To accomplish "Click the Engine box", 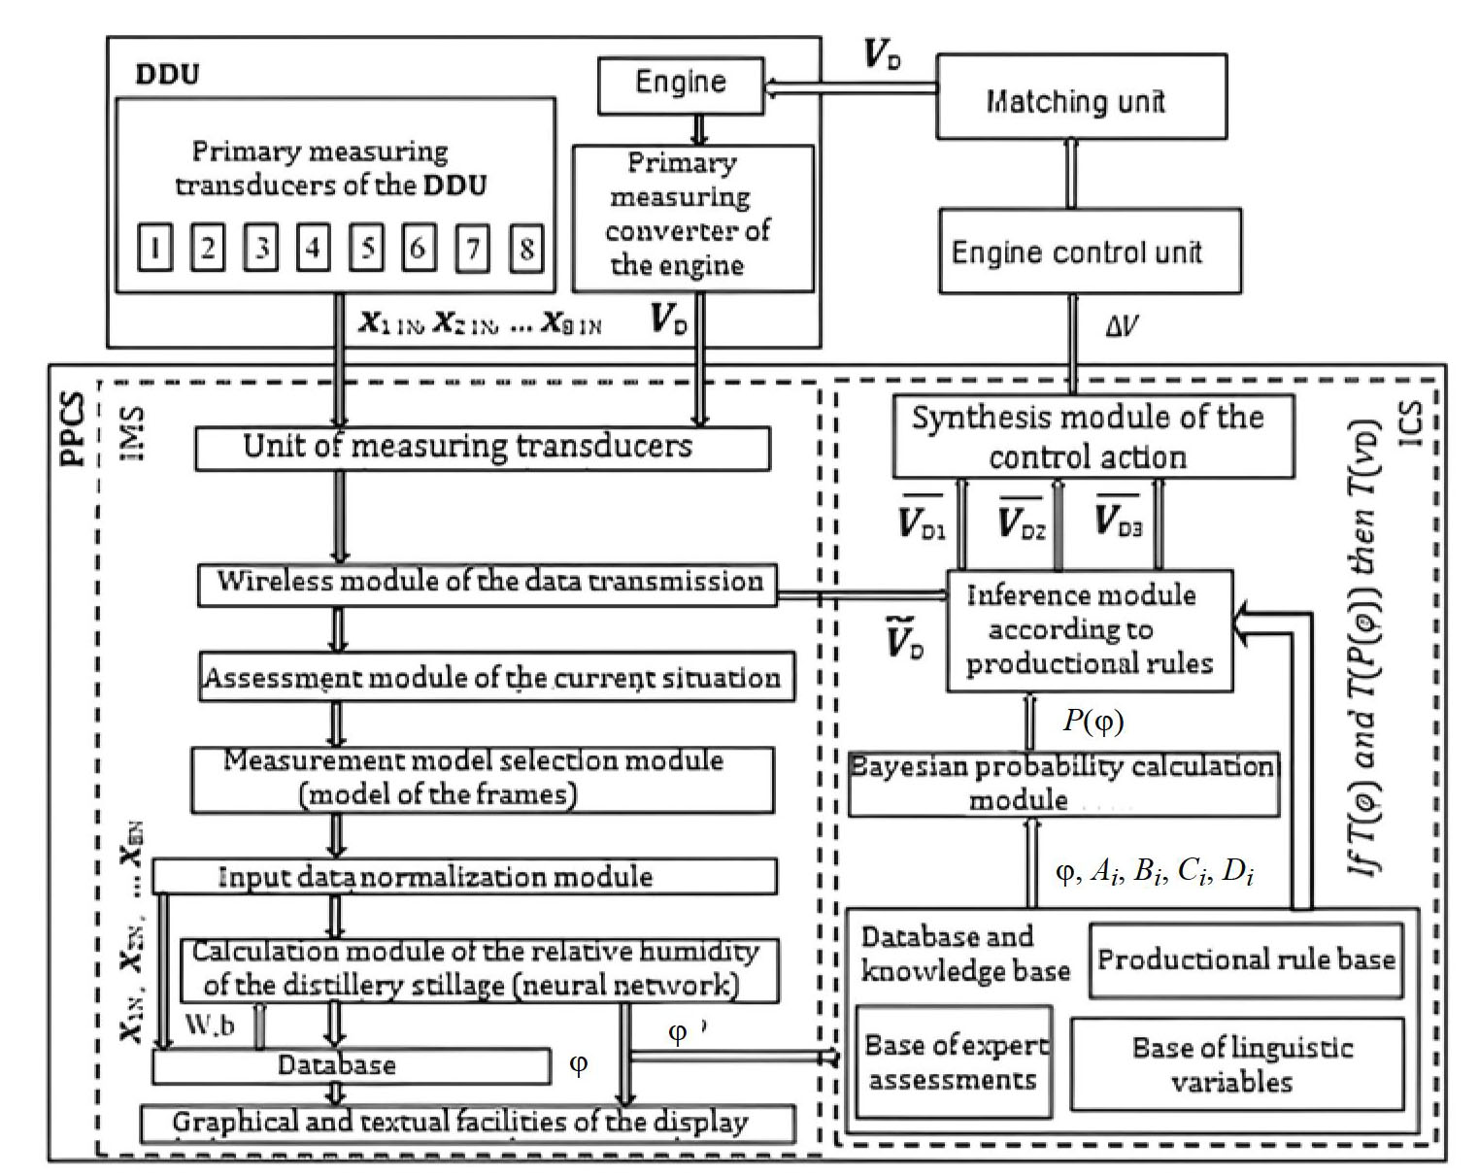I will click(680, 84).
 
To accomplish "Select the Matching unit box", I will click(1081, 100).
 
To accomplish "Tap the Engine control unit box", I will click(1089, 252).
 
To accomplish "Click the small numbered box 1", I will click(154, 249).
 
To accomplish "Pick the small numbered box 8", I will click(525, 249).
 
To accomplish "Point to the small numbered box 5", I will click(366, 249).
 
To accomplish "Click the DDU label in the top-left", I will click(167, 75).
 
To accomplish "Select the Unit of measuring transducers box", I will click(482, 448).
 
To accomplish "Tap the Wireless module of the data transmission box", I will click(487, 583).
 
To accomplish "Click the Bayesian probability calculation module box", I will click(1063, 784).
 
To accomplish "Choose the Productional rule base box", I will click(1246, 960).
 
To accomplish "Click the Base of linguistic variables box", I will click(1237, 1064).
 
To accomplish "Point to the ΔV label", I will click(1121, 325).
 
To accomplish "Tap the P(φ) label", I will click(1092, 721).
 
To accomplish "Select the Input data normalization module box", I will click(464, 877).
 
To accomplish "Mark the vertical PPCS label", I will click(75, 428).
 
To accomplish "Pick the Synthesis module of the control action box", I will click(1092, 437).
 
